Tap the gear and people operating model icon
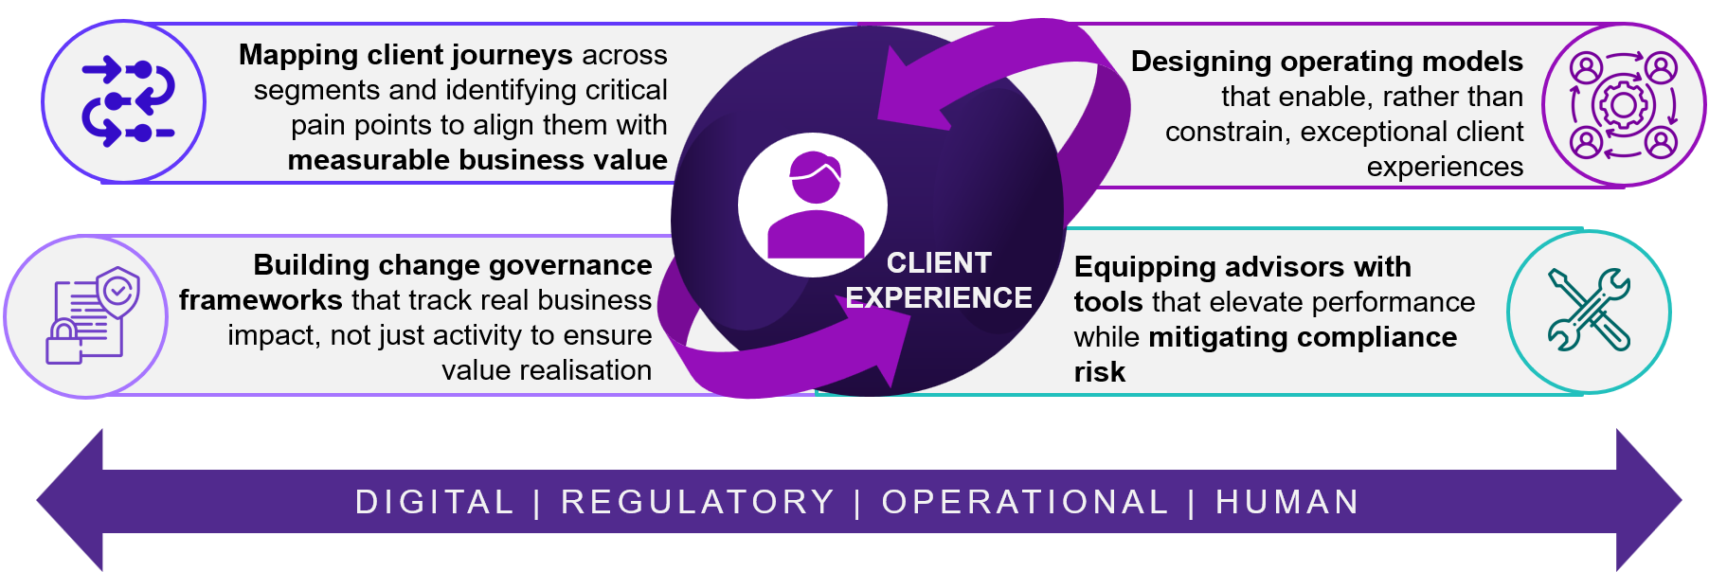(1623, 104)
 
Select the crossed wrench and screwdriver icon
(1589, 310)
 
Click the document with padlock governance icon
(92, 315)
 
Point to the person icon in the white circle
(815, 205)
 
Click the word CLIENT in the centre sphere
(939, 262)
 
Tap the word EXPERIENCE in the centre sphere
(939, 297)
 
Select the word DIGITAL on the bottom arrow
(434, 502)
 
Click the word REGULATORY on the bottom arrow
(697, 502)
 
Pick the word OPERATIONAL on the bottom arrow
(1025, 502)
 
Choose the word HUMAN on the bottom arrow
(1287, 502)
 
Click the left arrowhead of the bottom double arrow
(69, 500)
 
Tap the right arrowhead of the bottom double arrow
(1649, 500)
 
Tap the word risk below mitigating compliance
(1100, 372)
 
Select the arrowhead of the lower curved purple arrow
(877, 341)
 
